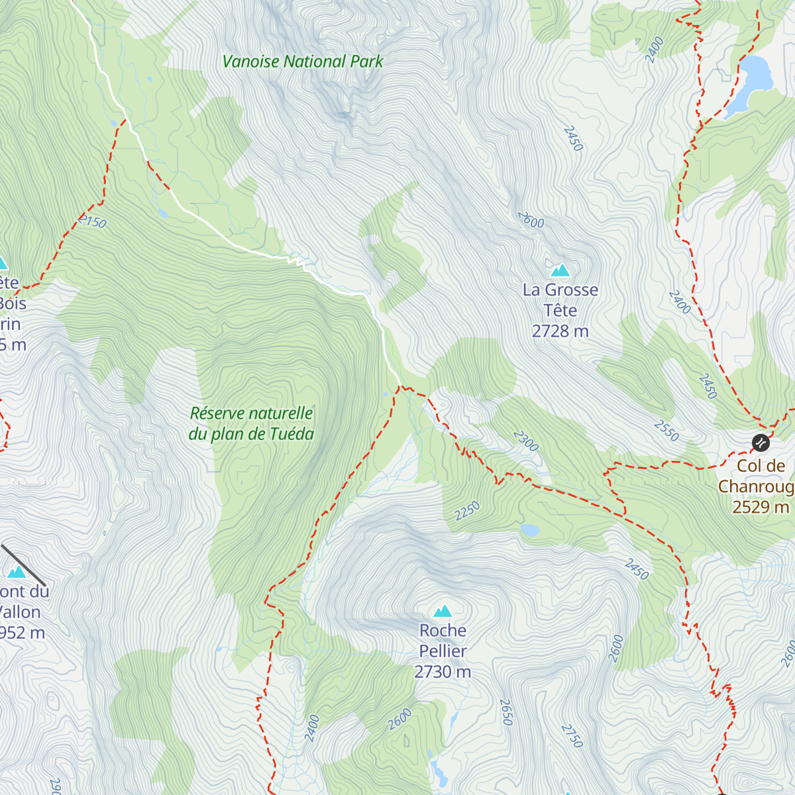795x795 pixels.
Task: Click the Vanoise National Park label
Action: tap(303, 62)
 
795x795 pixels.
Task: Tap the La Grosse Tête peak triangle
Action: tap(560, 270)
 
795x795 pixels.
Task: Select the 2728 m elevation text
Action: tap(560, 331)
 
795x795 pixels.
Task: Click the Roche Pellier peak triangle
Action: tap(443, 611)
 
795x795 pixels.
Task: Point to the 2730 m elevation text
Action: tap(443, 672)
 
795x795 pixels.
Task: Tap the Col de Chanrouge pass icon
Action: tap(761, 442)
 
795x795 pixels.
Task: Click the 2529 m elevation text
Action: tap(761, 507)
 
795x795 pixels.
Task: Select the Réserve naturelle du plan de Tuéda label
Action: tap(251, 424)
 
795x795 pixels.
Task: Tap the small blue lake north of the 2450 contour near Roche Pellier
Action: tap(529, 530)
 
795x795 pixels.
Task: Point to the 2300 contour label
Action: tap(526, 441)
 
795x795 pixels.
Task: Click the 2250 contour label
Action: tap(467, 511)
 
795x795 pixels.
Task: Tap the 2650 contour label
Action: tap(507, 712)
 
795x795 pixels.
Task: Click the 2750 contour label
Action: tap(572, 735)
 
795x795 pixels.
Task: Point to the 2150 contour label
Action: tap(93, 221)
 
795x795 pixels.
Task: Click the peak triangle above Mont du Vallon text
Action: tap(17, 572)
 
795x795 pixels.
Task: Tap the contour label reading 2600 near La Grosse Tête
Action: tap(531, 220)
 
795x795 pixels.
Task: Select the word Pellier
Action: tap(443, 651)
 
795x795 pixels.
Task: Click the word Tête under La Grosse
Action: tap(560, 310)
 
